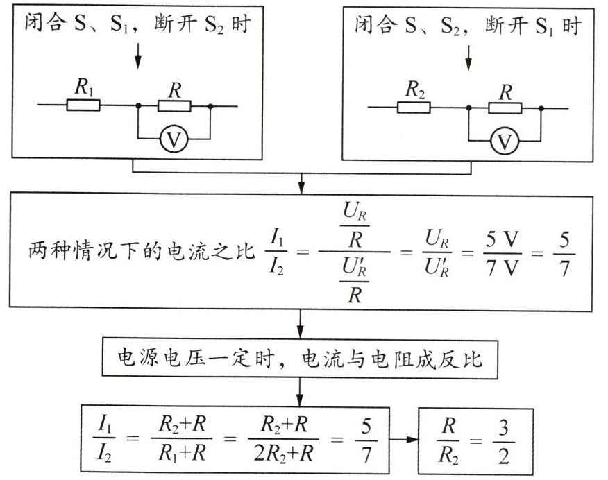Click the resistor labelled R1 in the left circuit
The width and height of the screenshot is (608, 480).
pos(83,106)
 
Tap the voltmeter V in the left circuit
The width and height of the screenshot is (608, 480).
pos(174,139)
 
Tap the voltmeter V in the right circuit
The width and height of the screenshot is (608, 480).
pos(505,142)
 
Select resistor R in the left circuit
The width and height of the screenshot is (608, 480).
pos(174,106)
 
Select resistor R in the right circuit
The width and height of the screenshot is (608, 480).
pos(505,108)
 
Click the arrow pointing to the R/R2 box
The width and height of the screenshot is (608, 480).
pos(398,440)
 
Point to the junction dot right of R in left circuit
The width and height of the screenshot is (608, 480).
pos(210,106)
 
